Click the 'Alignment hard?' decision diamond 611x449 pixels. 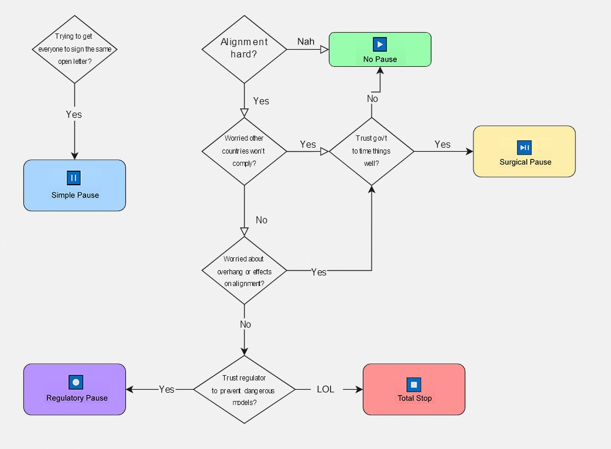click(244, 49)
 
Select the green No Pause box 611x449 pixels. click(380, 49)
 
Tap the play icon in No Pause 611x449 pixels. click(380, 44)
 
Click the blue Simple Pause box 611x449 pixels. click(74, 185)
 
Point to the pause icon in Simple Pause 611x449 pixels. click(74, 178)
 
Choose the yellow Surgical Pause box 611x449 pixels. click(524, 151)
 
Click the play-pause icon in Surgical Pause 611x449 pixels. click(524, 147)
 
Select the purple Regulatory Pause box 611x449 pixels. click(74, 389)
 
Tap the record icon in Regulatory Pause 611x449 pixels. click(75, 382)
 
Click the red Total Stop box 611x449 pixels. click(414, 389)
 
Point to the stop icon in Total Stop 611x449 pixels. click(414, 385)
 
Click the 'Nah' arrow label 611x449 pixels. click(305, 42)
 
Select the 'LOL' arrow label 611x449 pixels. click(325, 389)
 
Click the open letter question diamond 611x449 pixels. click(74, 49)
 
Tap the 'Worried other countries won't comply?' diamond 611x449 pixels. click(244, 151)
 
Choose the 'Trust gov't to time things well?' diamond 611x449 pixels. click(372, 151)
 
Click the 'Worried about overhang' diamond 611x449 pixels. click(244, 271)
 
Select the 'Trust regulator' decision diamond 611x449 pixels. click(244, 389)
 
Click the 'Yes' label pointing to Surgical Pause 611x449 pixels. click(442, 144)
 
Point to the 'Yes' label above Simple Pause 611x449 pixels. click(74, 114)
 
